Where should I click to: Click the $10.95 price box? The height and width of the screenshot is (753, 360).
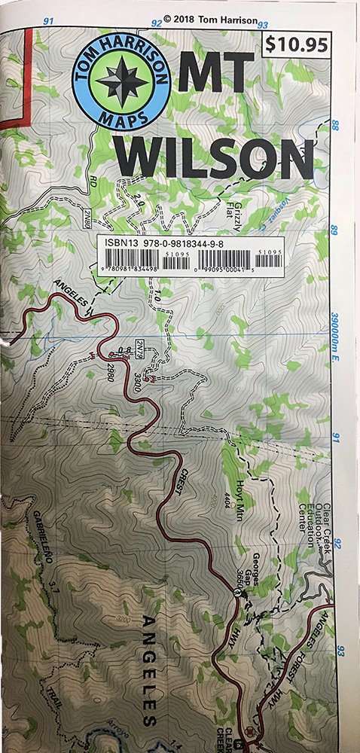point(298,45)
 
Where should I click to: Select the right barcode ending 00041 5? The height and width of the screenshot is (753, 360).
point(235,260)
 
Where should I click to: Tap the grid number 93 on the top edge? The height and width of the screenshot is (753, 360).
point(264,25)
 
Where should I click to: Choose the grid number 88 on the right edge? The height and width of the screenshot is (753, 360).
point(335,126)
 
